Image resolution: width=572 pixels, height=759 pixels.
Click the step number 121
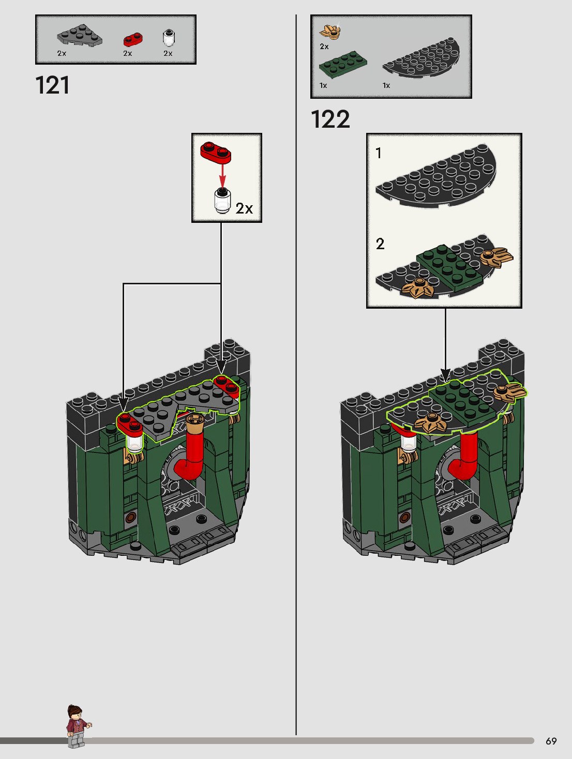52,85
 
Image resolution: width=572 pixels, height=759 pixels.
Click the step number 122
330,119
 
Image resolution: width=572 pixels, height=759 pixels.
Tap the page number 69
551,741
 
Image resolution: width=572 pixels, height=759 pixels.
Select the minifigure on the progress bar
77,726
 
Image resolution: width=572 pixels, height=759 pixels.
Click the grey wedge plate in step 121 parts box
79,36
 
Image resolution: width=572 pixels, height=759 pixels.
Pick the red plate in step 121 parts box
133,39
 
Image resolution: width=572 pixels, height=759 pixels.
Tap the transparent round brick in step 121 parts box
169,38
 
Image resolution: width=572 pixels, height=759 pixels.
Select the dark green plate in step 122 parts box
343,64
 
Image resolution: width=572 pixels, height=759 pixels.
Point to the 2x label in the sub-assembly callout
244,208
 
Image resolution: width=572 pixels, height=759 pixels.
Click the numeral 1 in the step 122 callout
379,153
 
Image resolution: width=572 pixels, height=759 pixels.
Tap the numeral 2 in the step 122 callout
380,244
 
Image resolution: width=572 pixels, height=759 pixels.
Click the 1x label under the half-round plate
386,85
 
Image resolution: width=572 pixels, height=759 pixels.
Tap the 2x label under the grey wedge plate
62,53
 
